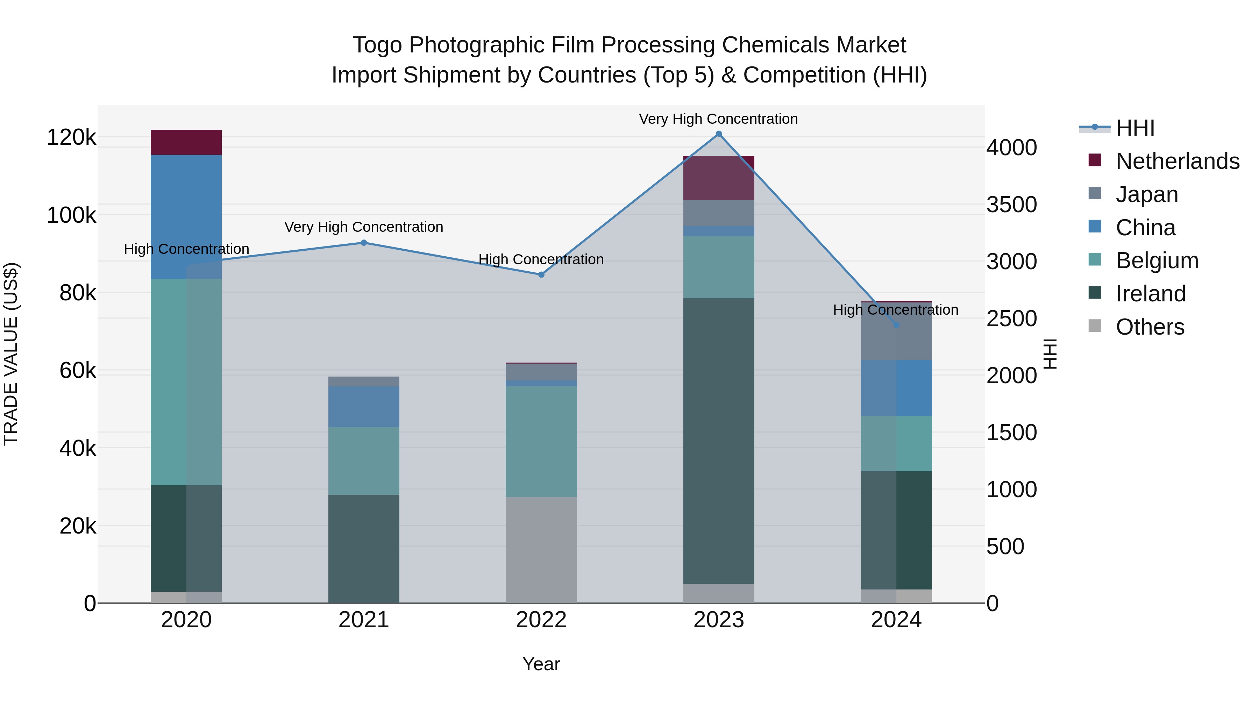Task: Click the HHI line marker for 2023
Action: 718,134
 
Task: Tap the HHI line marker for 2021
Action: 364,243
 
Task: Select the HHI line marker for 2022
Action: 541,274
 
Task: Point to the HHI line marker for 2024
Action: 896,325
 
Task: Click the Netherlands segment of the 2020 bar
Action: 186,142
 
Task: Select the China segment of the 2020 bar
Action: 186,217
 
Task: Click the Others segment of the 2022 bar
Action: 541,550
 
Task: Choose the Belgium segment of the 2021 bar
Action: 364,461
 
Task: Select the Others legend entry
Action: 1150,327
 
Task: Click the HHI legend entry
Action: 1135,128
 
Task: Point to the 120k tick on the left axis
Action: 71,137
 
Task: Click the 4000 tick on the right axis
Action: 1011,148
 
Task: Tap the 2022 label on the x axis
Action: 541,620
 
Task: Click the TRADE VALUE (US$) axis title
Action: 11,354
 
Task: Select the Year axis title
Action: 541,664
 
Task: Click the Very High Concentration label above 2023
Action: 718,119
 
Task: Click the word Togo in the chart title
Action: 377,45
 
